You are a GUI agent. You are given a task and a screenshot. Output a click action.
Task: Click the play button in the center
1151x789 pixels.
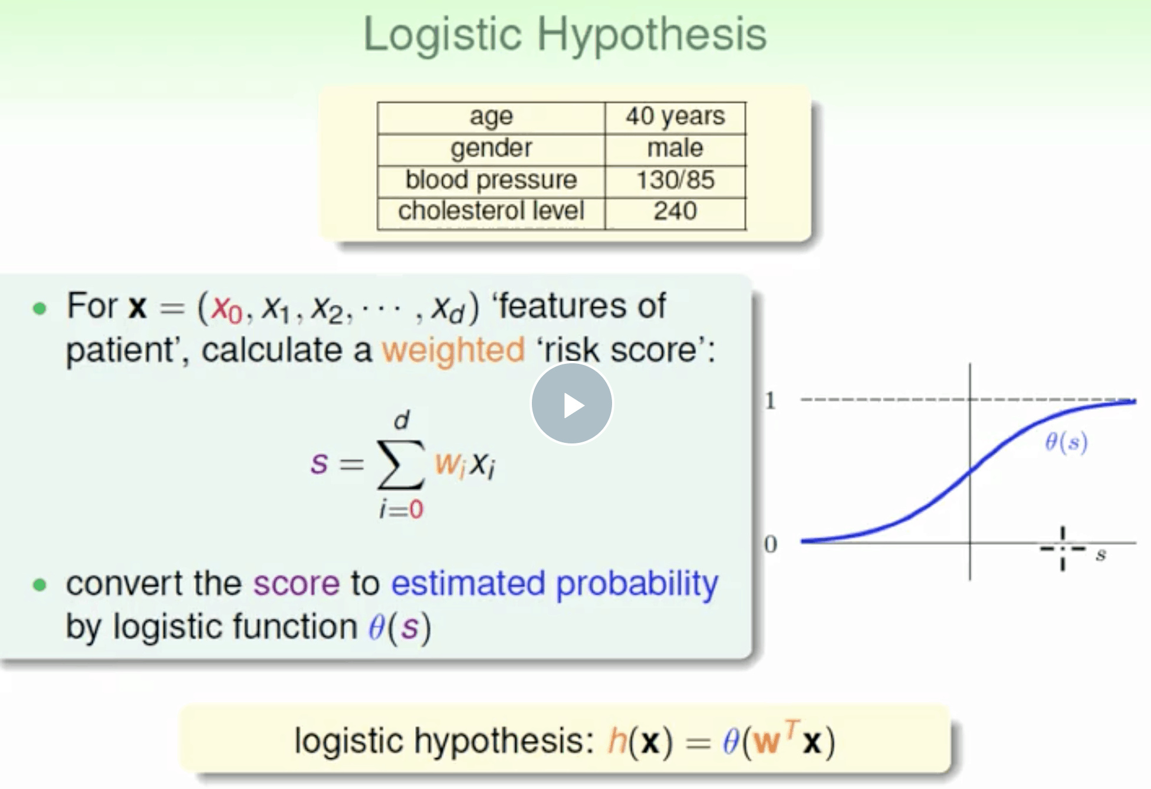pos(571,403)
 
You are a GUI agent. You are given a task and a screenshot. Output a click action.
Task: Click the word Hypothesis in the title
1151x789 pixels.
pos(652,34)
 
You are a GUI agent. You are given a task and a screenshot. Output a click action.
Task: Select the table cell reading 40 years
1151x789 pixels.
pos(675,117)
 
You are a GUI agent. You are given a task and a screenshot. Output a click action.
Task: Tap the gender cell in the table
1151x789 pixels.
pos(491,149)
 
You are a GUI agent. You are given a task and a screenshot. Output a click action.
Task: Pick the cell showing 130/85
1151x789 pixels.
pos(675,180)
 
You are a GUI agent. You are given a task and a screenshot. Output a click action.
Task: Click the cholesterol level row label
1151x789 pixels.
pos(491,211)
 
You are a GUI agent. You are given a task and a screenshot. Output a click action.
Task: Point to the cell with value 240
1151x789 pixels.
pos(675,211)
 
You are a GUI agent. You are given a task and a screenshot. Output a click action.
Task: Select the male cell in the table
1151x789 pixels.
pos(675,149)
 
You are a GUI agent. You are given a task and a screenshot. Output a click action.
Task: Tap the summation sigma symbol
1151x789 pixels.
pos(401,465)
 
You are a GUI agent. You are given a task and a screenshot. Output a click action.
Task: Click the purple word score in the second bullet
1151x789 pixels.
pos(296,584)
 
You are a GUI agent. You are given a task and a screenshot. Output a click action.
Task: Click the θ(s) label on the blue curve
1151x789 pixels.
pos(1066,442)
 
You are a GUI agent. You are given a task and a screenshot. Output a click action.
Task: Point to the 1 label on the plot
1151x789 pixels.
pos(770,401)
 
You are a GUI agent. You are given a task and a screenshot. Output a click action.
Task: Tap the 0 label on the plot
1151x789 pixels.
pos(770,544)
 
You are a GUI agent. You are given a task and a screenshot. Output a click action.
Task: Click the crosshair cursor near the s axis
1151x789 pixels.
pos(1063,549)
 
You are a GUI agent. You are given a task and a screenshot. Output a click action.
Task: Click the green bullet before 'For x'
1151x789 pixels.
pos(40,308)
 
